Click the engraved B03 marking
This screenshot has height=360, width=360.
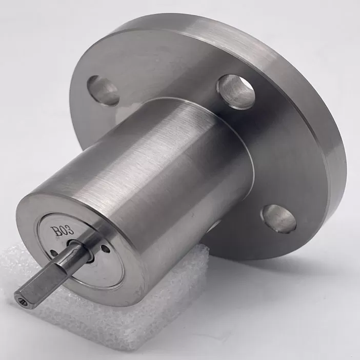coord(62,230)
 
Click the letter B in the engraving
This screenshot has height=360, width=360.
coord(55,231)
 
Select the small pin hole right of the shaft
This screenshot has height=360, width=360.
coord(106,248)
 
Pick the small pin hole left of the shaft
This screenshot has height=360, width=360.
coord(53,252)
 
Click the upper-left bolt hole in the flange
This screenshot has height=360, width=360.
coord(103,91)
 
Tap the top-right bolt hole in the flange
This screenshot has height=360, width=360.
coord(236,92)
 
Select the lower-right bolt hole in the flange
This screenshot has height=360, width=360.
coord(278,218)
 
